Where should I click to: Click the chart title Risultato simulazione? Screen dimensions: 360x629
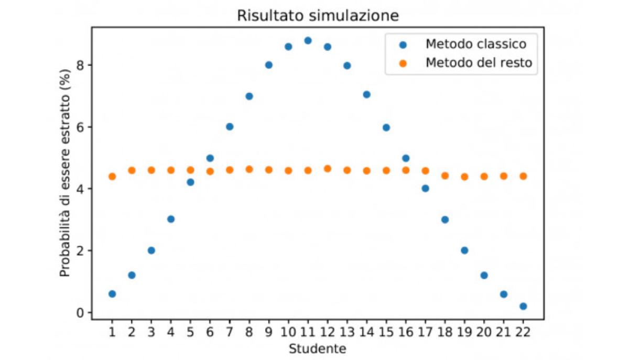click(x=318, y=16)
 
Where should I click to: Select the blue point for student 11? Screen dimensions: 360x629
click(x=308, y=40)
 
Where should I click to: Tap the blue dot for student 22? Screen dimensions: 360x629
click(x=523, y=306)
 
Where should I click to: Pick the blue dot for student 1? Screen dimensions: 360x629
click(x=112, y=294)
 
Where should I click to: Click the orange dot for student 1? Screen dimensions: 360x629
click(x=112, y=177)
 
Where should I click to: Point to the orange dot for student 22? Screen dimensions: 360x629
click(x=523, y=176)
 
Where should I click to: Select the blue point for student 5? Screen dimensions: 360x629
click(x=190, y=182)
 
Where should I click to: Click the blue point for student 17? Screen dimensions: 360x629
click(x=425, y=188)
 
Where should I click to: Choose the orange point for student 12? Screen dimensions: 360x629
click(x=327, y=169)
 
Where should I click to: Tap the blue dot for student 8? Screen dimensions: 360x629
click(x=249, y=96)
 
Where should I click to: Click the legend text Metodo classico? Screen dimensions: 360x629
click(x=475, y=43)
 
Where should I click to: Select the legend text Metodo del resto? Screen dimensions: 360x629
click(x=479, y=63)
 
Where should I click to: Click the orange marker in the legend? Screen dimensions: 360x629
click(x=403, y=63)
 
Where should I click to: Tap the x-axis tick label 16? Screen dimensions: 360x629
click(x=405, y=332)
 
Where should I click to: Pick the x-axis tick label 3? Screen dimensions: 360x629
click(x=151, y=332)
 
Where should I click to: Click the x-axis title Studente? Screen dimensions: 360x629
click(x=317, y=348)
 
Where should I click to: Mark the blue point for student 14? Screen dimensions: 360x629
click(x=366, y=94)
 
